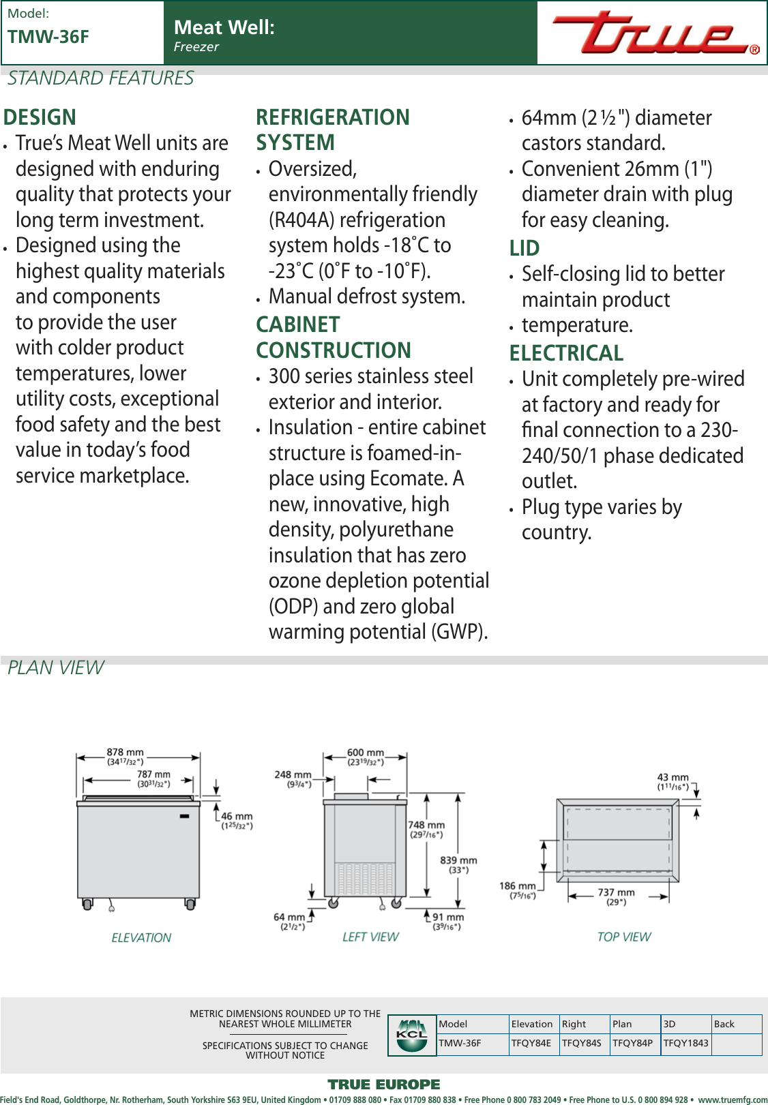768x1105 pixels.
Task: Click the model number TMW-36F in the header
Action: coord(48,37)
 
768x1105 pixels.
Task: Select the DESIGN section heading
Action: coord(40,117)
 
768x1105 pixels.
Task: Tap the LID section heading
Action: coord(524,248)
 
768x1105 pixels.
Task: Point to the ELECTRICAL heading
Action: coord(566,353)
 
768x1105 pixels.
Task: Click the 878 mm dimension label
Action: coord(125,753)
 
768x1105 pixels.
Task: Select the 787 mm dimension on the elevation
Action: coord(153,774)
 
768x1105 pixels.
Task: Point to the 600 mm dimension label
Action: coord(365,753)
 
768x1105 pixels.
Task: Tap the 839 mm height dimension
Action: coord(458,860)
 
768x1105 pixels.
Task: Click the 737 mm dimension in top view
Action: coord(616,892)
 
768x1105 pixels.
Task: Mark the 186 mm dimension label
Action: coord(517,886)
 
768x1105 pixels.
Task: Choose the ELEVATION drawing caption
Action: coord(141,938)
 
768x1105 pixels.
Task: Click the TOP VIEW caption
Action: coord(623,937)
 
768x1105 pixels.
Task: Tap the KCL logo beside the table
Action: coord(412,1035)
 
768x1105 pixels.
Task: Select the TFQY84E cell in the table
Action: coord(531,1043)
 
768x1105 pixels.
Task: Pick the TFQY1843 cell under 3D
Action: coord(685,1043)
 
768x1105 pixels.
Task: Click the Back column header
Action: coord(724,1024)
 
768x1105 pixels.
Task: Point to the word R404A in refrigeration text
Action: coord(300,220)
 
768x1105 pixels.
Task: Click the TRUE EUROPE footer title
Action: coord(383,1085)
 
